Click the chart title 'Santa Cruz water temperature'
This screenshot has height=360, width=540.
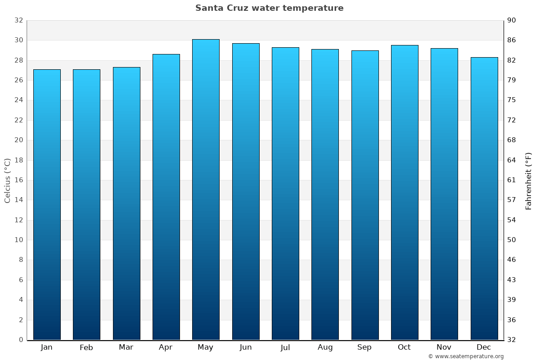(x=269, y=8)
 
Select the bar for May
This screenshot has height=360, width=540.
(x=206, y=189)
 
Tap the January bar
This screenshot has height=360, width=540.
(x=47, y=205)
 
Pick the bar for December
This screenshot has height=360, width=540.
(x=484, y=198)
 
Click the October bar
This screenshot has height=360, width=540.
(x=405, y=193)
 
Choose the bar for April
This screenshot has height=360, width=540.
(x=166, y=197)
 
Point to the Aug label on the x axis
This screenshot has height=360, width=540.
(x=325, y=347)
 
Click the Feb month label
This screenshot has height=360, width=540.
(x=86, y=347)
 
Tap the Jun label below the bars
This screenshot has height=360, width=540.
(x=246, y=347)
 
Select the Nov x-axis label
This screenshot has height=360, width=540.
(x=444, y=347)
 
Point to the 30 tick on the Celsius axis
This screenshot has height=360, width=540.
(x=18, y=40)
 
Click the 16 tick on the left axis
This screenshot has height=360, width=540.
(x=18, y=180)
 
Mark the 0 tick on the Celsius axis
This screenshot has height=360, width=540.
(x=20, y=340)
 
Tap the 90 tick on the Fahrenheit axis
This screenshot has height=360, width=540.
(x=512, y=20)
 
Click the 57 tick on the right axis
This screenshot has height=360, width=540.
(x=512, y=200)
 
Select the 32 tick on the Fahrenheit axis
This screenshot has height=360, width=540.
(x=512, y=340)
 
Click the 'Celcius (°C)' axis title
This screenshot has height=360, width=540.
(x=7, y=180)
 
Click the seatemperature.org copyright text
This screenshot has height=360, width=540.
(x=466, y=356)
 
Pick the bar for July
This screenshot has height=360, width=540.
(x=285, y=193)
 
